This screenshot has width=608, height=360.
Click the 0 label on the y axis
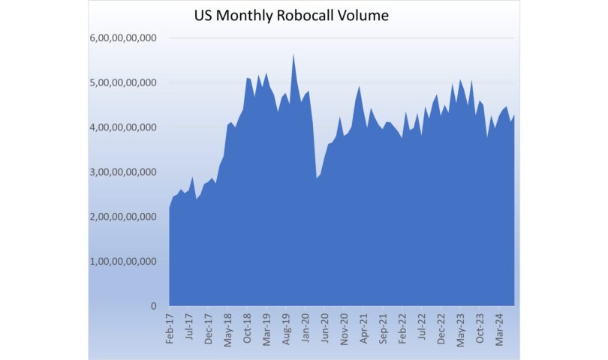coord(154,306)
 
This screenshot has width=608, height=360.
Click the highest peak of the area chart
coord(293,55)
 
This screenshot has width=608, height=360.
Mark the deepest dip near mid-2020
coord(316,178)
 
